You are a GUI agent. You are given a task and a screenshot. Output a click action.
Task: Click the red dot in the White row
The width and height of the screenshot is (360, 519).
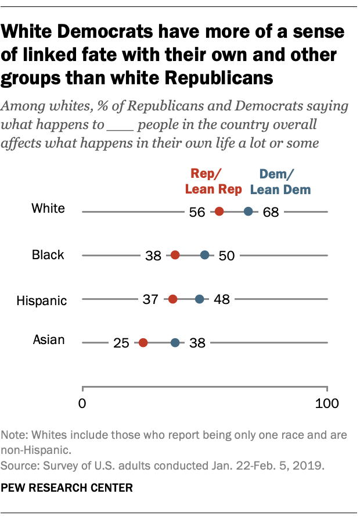(x=219, y=212)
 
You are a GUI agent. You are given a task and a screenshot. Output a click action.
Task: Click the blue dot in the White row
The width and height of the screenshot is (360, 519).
(x=249, y=212)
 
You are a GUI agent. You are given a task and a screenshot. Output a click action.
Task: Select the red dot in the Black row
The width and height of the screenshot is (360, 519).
(x=175, y=255)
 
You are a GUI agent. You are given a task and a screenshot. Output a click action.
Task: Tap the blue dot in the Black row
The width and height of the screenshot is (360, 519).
(x=205, y=255)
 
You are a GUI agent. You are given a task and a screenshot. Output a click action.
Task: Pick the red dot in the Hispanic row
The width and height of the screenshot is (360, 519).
(x=173, y=299)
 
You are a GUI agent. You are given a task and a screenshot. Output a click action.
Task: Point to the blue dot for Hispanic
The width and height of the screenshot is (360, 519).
(x=200, y=299)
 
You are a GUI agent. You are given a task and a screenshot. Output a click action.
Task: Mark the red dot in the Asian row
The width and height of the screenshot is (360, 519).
(x=143, y=343)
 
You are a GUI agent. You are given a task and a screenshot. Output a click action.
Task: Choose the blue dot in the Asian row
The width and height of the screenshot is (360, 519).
(x=175, y=343)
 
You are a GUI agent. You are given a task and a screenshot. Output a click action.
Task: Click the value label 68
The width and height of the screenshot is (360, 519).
(x=271, y=212)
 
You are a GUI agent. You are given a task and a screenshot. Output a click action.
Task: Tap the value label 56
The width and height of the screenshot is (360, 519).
(x=197, y=212)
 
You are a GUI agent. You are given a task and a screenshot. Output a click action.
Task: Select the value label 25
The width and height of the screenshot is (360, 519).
(x=121, y=343)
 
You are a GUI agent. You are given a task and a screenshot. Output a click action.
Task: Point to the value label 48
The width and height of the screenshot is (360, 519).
(x=221, y=300)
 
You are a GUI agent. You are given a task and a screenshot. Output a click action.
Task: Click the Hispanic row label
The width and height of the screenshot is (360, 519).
(x=41, y=300)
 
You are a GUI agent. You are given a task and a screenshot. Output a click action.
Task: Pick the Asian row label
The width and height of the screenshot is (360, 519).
(x=49, y=340)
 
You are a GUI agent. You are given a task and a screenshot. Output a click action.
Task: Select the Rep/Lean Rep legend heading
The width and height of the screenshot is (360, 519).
(x=213, y=181)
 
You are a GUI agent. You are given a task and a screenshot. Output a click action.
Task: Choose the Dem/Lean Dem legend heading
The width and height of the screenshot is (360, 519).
(x=280, y=181)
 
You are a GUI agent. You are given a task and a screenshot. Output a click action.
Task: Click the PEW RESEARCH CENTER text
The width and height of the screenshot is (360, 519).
(x=67, y=488)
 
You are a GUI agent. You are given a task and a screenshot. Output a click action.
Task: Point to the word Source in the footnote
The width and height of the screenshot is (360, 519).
(x=17, y=466)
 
